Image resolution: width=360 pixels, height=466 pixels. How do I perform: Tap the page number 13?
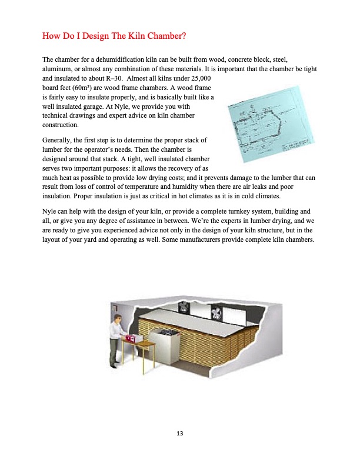(180, 434)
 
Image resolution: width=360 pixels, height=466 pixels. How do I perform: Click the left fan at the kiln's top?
(185, 307)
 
